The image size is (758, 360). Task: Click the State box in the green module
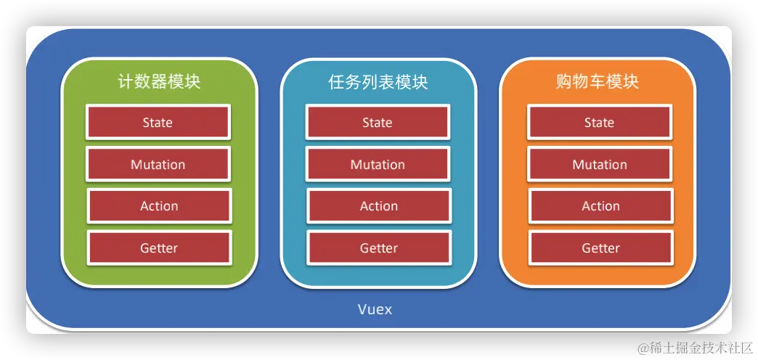coord(158,122)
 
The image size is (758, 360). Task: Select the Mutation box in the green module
coord(158,164)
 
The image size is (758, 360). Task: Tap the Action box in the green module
coord(159,206)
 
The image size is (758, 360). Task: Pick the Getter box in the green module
coord(159,248)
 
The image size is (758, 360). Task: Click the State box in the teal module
coord(378,122)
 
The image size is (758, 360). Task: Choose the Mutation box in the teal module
coord(378,164)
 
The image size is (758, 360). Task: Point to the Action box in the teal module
coord(379,206)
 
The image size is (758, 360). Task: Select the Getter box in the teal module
coord(379,248)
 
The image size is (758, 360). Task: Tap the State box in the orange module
coord(600,122)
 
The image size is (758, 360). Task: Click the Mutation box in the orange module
coord(600,164)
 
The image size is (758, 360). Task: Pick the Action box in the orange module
coord(600,206)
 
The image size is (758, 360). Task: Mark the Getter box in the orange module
coord(600,248)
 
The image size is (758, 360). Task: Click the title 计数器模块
coord(159,81)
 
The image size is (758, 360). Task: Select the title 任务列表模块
coord(378,81)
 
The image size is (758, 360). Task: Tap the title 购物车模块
coord(598,81)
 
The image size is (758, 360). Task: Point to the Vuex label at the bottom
coord(375,309)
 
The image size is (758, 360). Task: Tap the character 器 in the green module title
coord(159,81)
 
